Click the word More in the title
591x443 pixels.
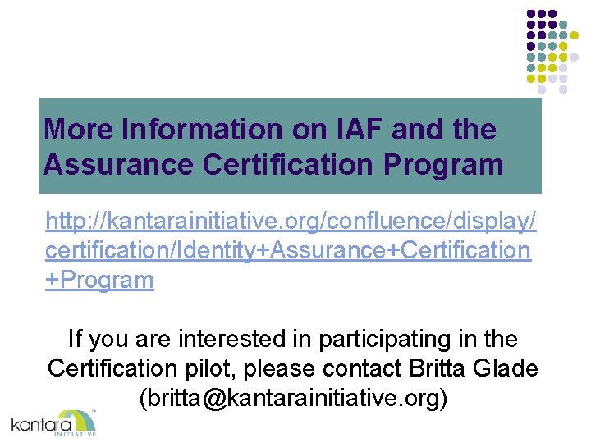(x=79, y=129)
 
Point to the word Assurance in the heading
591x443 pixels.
(x=114, y=164)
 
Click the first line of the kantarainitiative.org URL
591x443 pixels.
(x=291, y=221)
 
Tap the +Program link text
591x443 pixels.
(x=100, y=280)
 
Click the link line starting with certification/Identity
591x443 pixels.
(x=288, y=250)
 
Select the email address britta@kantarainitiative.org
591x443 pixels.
(x=293, y=399)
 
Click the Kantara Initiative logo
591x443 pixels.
(x=54, y=422)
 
